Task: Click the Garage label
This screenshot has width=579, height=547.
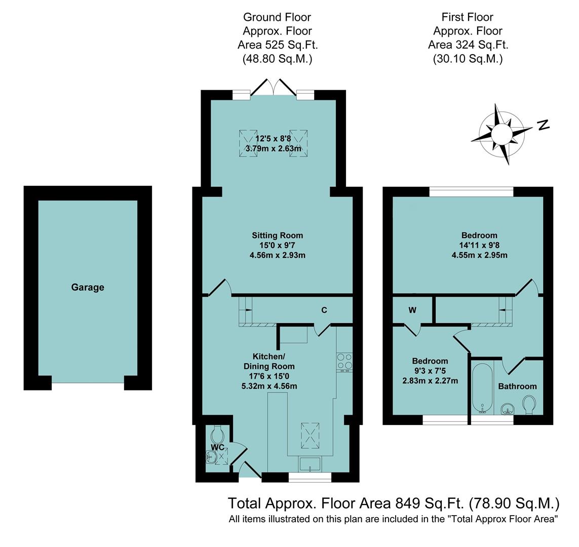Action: tap(87, 287)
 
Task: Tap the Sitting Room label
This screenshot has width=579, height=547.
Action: tap(277, 235)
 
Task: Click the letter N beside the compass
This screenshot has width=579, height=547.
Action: tap(543, 125)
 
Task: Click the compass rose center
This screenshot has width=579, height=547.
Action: tap(501, 134)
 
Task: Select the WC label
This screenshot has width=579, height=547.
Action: tap(217, 447)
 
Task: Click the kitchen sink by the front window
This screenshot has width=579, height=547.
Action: tap(310, 464)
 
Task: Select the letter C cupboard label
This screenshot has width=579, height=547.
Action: tap(324, 310)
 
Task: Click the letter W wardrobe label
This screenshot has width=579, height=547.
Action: tap(412, 310)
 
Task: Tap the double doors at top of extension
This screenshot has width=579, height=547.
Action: tap(274, 88)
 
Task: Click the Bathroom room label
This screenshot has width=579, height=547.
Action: tap(517, 386)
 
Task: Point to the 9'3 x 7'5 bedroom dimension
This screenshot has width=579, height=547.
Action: tap(430, 371)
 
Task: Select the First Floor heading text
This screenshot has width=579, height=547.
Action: tap(467, 18)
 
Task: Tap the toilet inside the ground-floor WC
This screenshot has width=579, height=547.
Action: tap(218, 434)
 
